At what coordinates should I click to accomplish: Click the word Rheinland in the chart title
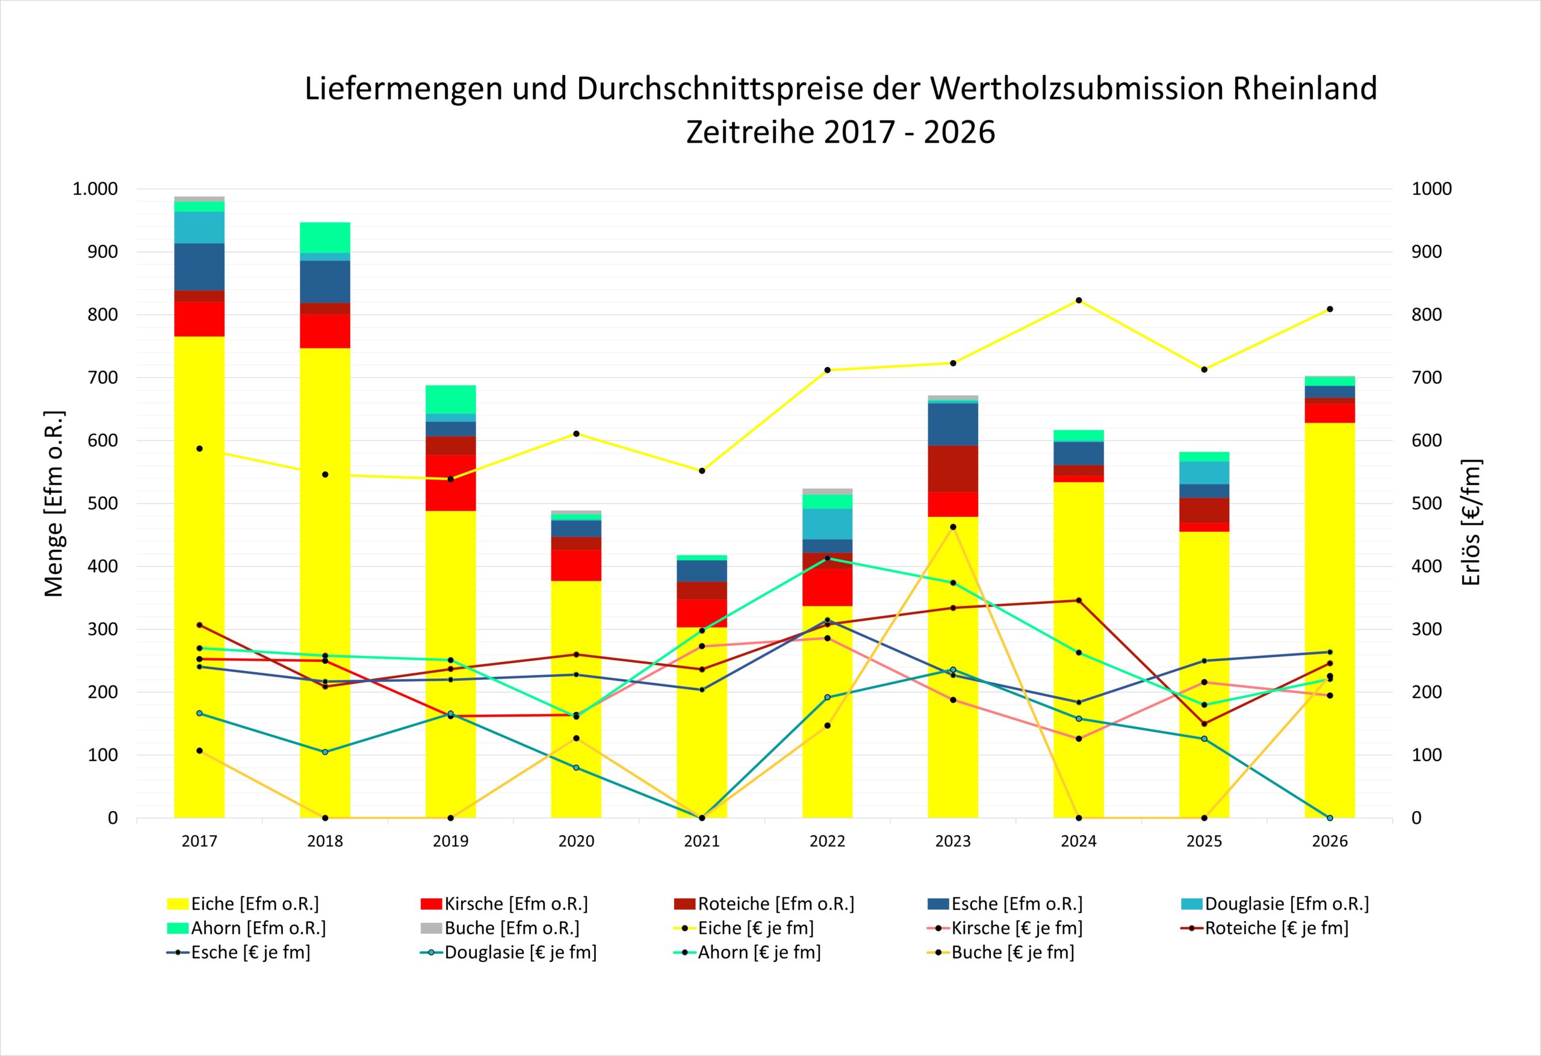click(x=1305, y=89)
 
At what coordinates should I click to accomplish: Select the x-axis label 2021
click(x=701, y=841)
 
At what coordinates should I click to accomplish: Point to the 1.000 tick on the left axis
click(x=95, y=189)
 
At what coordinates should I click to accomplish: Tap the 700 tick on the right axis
click(x=1427, y=378)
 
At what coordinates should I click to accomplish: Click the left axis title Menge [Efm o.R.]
click(x=54, y=504)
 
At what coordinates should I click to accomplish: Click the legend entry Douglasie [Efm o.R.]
click(x=1275, y=904)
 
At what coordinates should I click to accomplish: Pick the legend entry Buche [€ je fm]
click(x=1001, y=953)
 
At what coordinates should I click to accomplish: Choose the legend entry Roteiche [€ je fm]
click(x=1265, y=928)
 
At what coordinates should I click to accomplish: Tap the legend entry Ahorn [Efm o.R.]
click(x=246, y=928)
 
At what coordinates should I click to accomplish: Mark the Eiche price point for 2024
click(x=1079, y=300)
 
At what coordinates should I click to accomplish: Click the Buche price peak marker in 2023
click(x=953, y=527)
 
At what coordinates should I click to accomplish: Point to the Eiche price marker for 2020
click(x=576, y=434)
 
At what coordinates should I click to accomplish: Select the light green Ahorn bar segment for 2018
click(x=325, y=237)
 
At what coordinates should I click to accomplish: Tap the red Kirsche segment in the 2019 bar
click(x=450, y=483)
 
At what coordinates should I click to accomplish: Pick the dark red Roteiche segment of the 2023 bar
click(x=953, y=469)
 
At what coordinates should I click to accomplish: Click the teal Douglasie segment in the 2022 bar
click(x=828, y=523)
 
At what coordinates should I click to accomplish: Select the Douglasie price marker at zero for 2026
click(x=1330, y=818)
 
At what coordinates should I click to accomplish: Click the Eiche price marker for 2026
click(x=1330, y=309)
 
